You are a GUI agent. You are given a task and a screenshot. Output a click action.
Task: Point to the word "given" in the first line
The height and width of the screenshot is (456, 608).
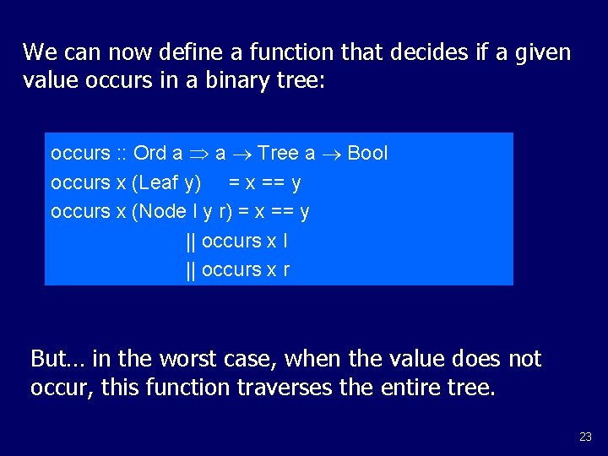tap(542, 52)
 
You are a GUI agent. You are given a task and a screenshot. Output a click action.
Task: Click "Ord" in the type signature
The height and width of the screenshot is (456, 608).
tap(150, 153)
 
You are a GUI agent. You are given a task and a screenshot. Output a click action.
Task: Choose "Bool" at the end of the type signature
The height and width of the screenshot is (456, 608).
tap(367, 153)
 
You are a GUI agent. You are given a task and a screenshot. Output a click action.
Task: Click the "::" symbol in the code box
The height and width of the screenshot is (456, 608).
tap(122, 154)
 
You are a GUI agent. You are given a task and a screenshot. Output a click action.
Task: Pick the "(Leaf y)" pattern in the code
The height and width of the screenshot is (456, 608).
tap(166, 182)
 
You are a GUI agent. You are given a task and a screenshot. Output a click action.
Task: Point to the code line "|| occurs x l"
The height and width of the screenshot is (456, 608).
tap(236, 241)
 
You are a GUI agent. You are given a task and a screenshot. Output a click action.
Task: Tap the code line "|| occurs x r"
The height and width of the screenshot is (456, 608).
tap(236, 269)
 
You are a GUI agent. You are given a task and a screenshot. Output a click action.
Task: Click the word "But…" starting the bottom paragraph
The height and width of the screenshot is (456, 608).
tap(57, 359)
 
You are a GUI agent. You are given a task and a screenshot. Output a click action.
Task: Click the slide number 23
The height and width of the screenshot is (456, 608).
tap(585, 437)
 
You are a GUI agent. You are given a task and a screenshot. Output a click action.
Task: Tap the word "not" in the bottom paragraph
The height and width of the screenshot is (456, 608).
tap(524, 359)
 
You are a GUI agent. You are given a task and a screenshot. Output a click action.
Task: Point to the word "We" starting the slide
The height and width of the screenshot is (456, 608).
tap(39, 52)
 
